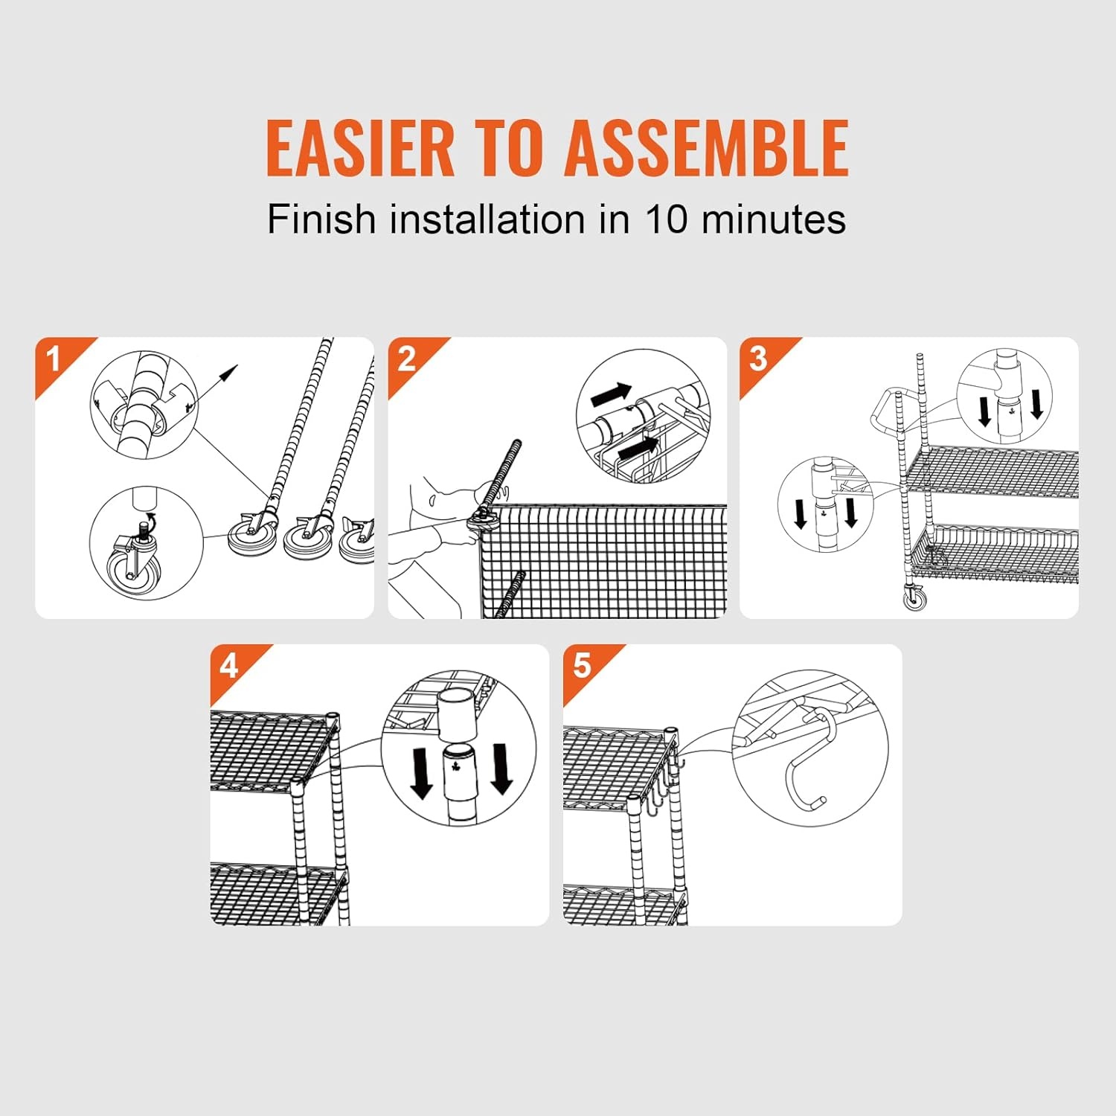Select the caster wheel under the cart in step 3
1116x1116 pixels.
click(x=915, y=597)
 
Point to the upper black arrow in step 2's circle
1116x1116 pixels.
click(x=611, y=395)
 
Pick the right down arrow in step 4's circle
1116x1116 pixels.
click(x=501, y=769)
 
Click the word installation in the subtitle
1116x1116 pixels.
click(x=487, y=219)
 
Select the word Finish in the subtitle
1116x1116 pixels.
click(x=321, y=219)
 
